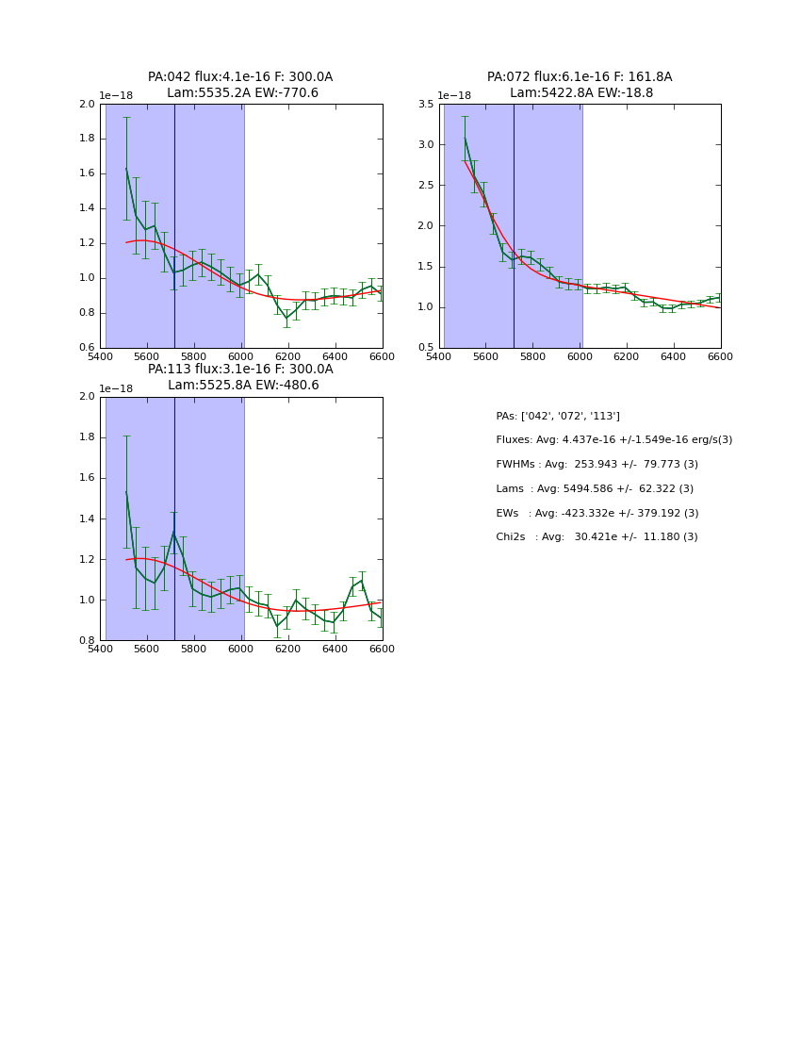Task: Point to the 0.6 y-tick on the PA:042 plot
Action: click(x=87, y=348)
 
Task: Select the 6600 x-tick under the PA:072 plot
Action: click(x=720, y=356)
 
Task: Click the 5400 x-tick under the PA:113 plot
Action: click(x=100, y=649)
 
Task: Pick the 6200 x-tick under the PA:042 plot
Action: click(x=288, y=356)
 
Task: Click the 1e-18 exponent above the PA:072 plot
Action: click(x=455, y=96)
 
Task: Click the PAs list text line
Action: click(x=558, y=416)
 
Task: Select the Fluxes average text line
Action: click(x=613, y=440)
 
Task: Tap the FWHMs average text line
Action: click(x=597, y=465)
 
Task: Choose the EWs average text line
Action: click(x=597, y=514)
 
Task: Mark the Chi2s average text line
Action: click(x=597, y=537)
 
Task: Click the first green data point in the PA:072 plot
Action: click(x=465, y=139)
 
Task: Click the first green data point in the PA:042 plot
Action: click(x=126, y=169)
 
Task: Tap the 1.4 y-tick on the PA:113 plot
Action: click(x=87, y=518)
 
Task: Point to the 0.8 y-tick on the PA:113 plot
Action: click(x=87, y=640)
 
